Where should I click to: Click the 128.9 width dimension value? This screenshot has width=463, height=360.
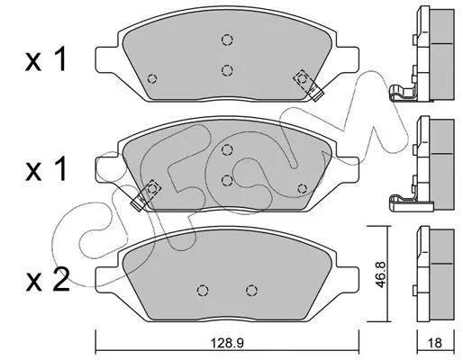point(227,343)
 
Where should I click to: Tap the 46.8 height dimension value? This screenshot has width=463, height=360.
point(381,274)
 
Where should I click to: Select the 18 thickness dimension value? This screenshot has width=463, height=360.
point(436,343)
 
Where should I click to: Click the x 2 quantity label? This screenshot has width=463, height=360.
point(48,280)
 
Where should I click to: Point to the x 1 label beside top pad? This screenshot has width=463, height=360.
point(45,60)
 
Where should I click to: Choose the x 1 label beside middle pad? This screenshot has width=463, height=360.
point(45,170)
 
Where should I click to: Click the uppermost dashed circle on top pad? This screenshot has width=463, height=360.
point(227,40)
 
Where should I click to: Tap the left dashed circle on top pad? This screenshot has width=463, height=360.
point(152,78)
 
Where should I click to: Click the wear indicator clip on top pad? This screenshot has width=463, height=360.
point(309,85)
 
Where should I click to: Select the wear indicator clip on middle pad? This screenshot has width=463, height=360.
point(146,195)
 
